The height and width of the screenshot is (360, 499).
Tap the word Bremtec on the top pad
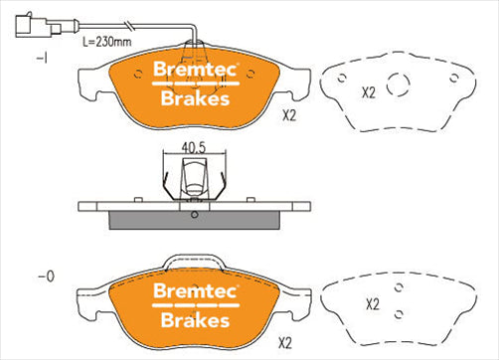192,70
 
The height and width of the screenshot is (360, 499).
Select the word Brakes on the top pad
192,97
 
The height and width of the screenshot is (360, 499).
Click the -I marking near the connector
42,60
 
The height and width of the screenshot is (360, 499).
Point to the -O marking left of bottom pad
44,273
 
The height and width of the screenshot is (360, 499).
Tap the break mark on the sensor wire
129,25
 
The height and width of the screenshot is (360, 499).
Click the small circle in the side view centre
194,214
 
